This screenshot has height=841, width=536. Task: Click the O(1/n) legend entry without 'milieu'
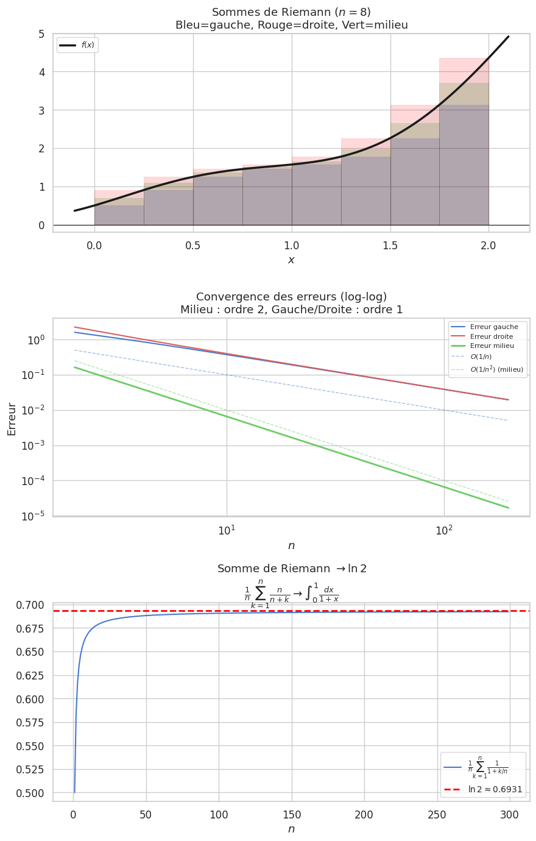pos(481,357)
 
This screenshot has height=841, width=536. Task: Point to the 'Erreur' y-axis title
pos(12,419)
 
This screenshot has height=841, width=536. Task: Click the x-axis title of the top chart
pos(291,260)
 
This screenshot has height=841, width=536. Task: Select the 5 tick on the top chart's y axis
pos(41,34)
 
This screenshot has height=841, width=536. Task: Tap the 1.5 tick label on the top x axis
pos(390,245)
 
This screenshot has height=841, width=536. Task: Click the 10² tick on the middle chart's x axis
pos(444,531)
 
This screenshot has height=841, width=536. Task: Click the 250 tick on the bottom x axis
pos(437,815)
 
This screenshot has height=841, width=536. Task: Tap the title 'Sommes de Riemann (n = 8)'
pos(291,12)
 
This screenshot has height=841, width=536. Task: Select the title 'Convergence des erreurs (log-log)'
pos(291,297)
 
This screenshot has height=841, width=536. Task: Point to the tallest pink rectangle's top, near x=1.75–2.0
pos(464,59)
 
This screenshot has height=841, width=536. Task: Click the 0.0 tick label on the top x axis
pos(94,245)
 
